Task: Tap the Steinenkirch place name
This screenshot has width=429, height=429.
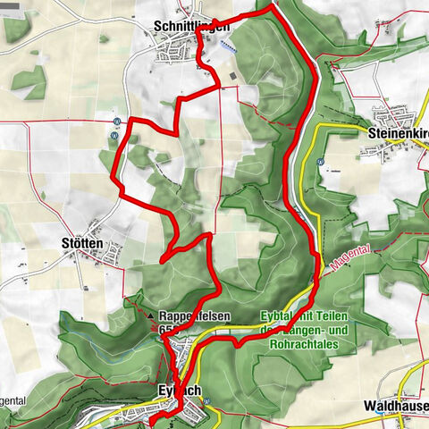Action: (x=398, y=132)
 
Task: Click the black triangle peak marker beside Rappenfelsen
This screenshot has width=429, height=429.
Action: (x=149, y=316)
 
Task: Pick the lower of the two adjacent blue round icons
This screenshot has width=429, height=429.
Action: (x=114, y=135)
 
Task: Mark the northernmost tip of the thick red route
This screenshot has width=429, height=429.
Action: (x=271, y=6)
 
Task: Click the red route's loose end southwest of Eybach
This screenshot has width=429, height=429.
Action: (x=150, y=419)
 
